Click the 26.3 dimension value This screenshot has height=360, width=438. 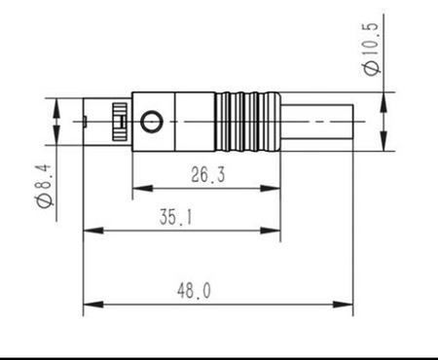206,175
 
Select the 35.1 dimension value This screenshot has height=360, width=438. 176,219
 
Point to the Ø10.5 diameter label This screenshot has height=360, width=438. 371,49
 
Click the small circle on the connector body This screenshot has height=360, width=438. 151,122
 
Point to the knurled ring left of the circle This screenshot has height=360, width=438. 120,122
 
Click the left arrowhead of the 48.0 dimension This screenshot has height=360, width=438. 89,306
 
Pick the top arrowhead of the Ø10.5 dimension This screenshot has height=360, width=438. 383,97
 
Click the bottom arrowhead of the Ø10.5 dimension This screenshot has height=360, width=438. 383,145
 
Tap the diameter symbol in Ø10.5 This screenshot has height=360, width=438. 371,68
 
